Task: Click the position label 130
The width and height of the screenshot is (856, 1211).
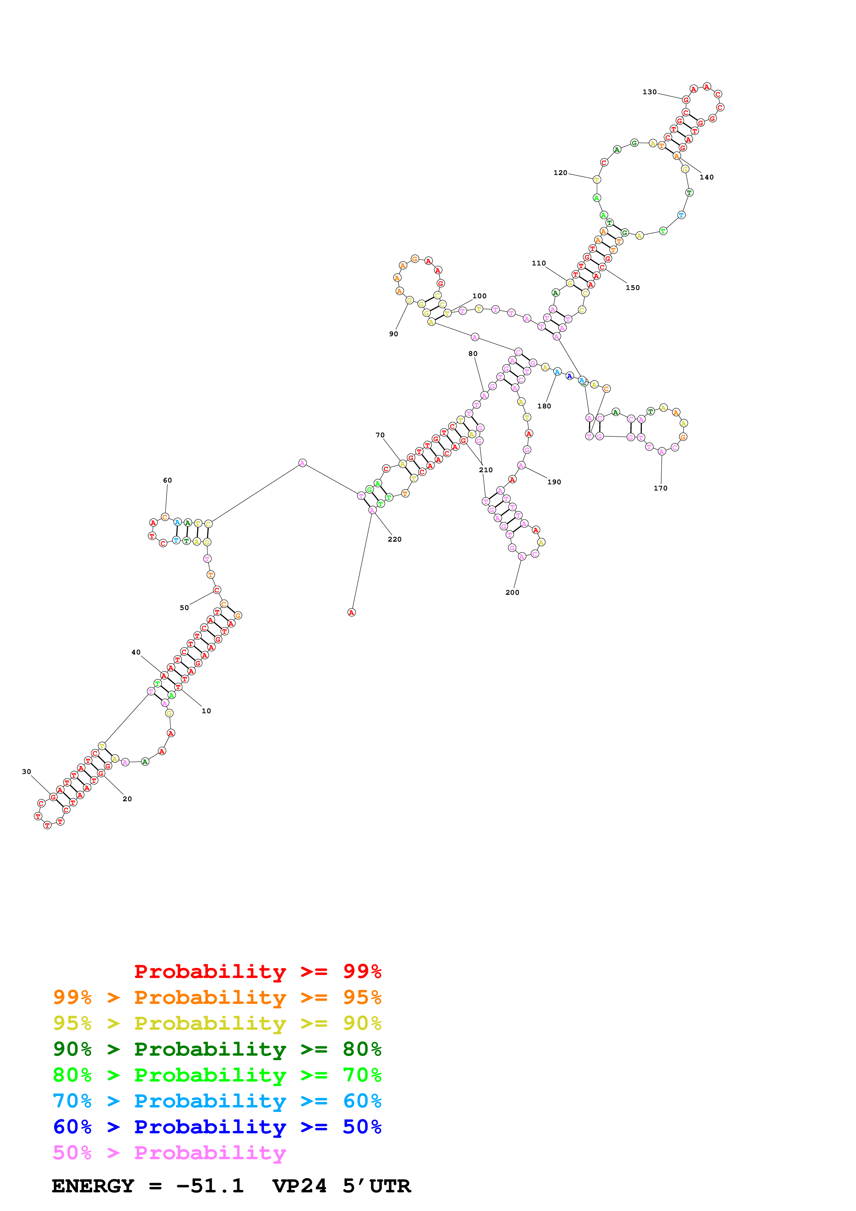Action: click(x=649, y=92)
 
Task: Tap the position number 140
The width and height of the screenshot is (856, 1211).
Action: click(x=706, y=177)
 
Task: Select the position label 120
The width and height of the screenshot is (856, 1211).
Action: click(x=560, y=173)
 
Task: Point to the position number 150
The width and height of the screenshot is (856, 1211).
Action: click(x=632, y=288)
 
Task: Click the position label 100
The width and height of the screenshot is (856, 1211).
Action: click(x=479, y=296)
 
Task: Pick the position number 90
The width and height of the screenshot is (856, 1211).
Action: click(x=393, y=334)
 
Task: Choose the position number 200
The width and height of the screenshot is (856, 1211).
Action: click(x=512, y=592)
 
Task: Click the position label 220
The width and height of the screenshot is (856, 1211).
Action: click(x=395, y=539)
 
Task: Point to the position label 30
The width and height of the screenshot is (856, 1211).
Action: click(x=26, y=772)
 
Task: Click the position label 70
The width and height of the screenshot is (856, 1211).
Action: click(x=380, y=435)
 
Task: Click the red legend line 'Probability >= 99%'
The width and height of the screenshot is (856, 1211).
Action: click(x=257, y=971)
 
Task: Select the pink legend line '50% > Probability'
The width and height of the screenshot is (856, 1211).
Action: click(x=169, y=1152)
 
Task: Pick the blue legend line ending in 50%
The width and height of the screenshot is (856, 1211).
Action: click(x=217, y=1127)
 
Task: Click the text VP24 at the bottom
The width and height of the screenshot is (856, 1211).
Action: click(x=299, y=1186)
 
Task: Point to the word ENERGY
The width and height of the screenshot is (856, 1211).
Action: click(x=93, y=1186)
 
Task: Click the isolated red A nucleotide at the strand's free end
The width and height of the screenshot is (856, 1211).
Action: click(x=351, y=612)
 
